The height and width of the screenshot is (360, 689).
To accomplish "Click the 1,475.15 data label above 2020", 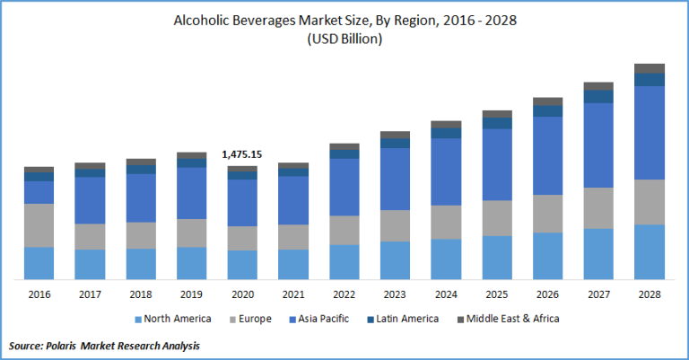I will (x=242, y=154).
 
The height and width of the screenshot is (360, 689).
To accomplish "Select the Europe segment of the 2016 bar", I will (x=39, y=225).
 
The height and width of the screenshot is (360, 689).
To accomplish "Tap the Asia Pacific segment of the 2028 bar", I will (x=650, y=133).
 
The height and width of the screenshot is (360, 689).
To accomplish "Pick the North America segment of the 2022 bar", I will (x=344, y=262).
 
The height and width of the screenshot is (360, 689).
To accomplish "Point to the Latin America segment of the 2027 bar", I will (x=598, y=96).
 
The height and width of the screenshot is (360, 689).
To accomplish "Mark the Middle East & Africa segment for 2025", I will (x=497, y=114).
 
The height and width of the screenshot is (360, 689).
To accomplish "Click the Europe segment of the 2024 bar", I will (x=446, y=222).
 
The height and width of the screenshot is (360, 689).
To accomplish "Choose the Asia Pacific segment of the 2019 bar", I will (x=192, y=193).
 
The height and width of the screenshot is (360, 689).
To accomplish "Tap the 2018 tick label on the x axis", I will (x=141, y=294).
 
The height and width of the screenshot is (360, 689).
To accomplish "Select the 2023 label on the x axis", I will (x=395, y=294).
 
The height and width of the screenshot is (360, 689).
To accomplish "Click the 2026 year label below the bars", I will (x=547, y=294).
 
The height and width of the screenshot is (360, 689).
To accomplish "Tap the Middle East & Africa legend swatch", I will (x=461, y=319).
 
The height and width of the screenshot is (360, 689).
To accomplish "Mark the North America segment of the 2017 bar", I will (x=90, y=264).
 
